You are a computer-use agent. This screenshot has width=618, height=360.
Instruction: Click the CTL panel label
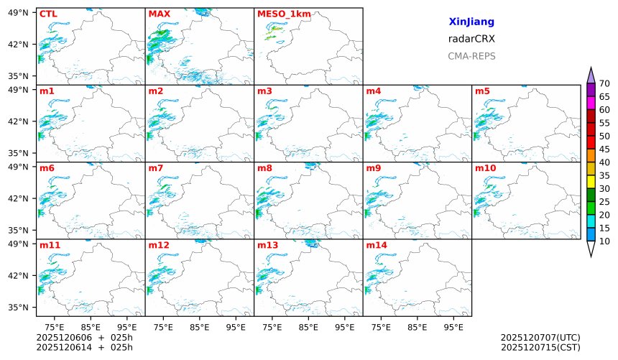(x=48, y=14)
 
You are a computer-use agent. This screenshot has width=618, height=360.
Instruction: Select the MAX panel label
(x=158, y=14)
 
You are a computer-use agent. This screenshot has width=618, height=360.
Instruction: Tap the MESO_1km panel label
(x=280, y=14)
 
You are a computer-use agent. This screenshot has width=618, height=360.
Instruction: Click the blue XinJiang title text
(x=471, y=22)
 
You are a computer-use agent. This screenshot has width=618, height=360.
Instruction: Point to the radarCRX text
(x=471, y=39)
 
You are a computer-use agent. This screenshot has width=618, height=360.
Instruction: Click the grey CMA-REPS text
(x=471, y=56)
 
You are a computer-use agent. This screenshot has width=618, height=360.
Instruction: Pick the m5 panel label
(x=482, y=91)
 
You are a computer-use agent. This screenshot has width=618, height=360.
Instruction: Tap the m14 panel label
(x=376, y=245)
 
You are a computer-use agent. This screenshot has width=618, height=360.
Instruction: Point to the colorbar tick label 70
(x=604, y=83)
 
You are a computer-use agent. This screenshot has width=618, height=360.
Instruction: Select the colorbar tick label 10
(x=604, y=241)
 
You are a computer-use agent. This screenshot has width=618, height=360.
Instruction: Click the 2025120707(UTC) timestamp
(x=540, y=337)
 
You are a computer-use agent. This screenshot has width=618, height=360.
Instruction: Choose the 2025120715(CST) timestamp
(x=540, y=348)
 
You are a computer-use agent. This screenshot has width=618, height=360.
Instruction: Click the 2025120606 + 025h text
(x=85, y=337)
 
